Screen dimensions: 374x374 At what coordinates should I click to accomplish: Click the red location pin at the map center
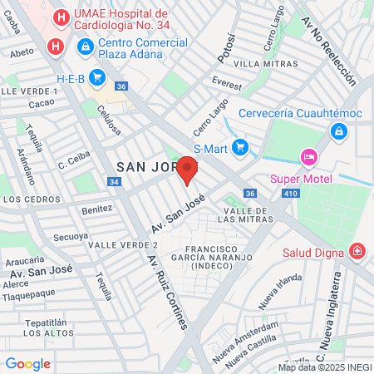coord(188,170)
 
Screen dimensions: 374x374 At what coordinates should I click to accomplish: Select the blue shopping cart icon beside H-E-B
coord(97,78)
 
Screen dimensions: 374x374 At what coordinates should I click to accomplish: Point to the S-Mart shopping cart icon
coord(240,147)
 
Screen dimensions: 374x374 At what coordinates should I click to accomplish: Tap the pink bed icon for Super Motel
coord(309,157)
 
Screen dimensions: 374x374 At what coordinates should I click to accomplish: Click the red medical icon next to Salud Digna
coord(357,249)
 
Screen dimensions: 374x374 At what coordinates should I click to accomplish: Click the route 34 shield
coord(113,181)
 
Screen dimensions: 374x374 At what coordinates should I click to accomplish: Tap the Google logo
coord(27,363)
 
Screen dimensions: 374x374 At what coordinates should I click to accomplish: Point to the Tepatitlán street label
coord(45,322)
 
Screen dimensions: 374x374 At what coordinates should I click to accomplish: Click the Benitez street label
coord(96,210)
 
